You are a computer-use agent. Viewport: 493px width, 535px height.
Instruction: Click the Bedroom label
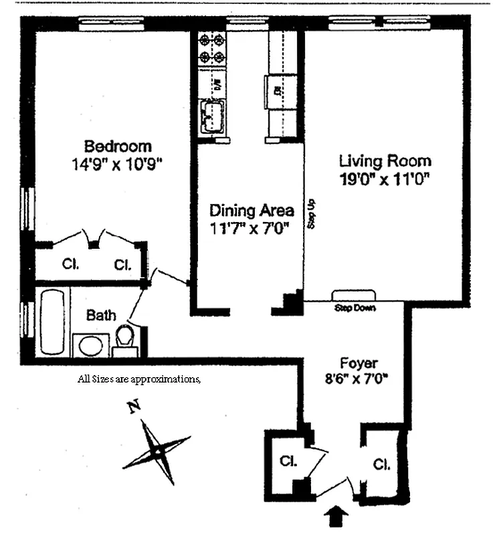click(x=117, y=146)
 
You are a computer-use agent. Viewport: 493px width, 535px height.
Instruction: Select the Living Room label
click(x=385, y=161)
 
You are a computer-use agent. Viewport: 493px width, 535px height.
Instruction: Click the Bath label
click(x=100, y=315)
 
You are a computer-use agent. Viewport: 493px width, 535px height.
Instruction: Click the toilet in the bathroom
click(x=125, y=338)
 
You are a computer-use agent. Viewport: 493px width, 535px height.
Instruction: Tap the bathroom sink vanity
click(x=90, y=346)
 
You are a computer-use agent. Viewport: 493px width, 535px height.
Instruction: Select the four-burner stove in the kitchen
click(x=212, y=48)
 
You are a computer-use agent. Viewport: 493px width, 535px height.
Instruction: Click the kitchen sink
click(x=213, y=114)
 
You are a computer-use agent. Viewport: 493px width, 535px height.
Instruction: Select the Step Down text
click(x=355, y=308)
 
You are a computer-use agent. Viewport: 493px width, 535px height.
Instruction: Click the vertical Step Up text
click(x=312, y=215)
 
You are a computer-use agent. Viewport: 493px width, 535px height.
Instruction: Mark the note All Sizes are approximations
click(x=139, y=379)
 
